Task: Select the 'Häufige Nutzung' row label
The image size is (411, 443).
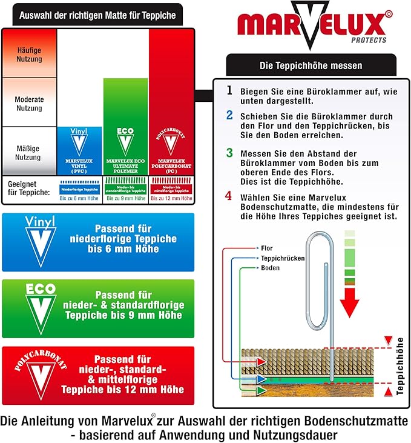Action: tap(29, 55)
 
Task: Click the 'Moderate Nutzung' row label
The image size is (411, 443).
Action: tap(29, 104)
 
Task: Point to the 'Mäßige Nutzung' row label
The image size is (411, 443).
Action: tap(29, 152)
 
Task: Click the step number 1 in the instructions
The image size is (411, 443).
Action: tap(229, 90)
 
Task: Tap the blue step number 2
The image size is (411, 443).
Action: tap(229, 115)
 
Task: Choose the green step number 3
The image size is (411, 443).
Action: tap(229, 153)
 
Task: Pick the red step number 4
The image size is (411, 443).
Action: tap(229, 196)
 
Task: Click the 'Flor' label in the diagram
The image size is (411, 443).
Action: tap(266, 248)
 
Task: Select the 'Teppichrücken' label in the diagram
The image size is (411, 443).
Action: tap(282, 258)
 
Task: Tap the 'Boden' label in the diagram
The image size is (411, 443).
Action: tap(270, 267)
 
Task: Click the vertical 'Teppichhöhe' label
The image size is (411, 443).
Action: tap(400, 366)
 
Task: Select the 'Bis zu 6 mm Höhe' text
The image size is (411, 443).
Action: tap(80, 198)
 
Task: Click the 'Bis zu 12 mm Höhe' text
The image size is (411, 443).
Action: tap(171, 198)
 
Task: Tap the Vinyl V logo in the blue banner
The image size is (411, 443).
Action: tap(40, 241)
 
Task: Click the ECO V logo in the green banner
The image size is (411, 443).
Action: tap(40, 308)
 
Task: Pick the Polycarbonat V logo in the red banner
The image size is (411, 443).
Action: tap(40, 375)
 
